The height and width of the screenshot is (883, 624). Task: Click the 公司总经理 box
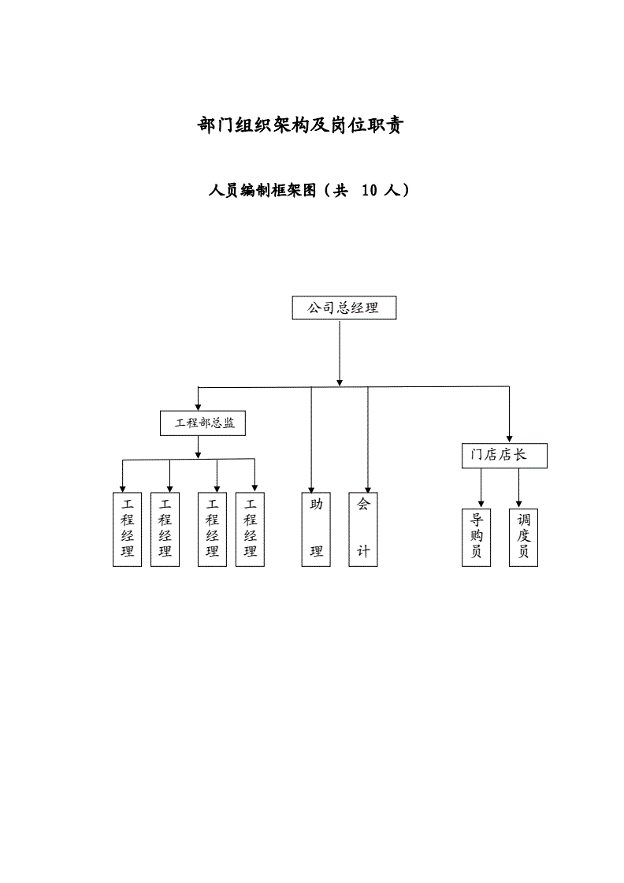(x=344, y=307)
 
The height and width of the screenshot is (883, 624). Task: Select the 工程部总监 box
(x=203, y=423)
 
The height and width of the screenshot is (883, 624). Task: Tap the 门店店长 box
(x=503, y=455)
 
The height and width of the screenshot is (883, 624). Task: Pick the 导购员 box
(x=476, y=537)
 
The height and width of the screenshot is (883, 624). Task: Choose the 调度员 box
(x=523, y=537)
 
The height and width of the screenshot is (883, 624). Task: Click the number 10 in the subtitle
(x=370, y=190)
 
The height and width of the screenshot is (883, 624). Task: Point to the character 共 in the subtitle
(x=340, y=190)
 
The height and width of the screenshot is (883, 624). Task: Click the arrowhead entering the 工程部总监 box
(x=198, y=405)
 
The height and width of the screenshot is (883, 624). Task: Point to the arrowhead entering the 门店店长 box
(x=509, y=438)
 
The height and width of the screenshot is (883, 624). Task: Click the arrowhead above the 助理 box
(x=311, y=488)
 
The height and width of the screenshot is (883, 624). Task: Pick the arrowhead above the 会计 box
(x=367, y=488)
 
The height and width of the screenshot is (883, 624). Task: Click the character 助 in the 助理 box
(x=316, y=505)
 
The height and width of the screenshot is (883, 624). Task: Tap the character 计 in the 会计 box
(x=363, y=551)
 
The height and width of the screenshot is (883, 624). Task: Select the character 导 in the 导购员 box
(x=476, y=520)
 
